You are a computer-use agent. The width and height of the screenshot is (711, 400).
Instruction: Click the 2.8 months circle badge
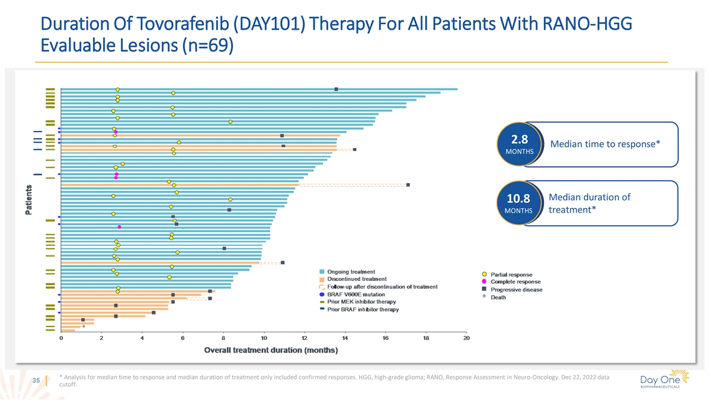pyautogui.click(x=519, y=145)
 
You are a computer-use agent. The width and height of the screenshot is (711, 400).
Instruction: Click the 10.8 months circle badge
pyautogui.click(x=519, y=204)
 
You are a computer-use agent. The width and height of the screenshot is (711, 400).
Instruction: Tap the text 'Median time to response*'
pyautogui.click(x=606, y=145)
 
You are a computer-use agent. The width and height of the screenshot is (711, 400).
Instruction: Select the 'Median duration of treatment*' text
pyautogui.click(x=590, y=204)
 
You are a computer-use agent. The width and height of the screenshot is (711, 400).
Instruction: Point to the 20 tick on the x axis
pyautogui.click(x=466, y=338)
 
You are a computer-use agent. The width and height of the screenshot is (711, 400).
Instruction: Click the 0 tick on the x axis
pyautogui.click(x=61, y=338)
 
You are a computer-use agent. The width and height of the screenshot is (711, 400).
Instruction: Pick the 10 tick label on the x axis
pyautogui.click(x=264, y=338)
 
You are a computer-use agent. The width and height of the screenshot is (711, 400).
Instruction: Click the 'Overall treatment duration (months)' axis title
pyautogui.click(x=271, y=350)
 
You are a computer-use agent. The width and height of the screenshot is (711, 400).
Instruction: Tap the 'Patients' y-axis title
pyautogui.click(x=29, y=202)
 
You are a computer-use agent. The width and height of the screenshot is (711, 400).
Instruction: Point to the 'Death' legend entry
pyautogui.click(x=498, y=297)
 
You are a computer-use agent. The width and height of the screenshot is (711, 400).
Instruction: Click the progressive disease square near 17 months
pyautogui.click(x=408, y=185)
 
